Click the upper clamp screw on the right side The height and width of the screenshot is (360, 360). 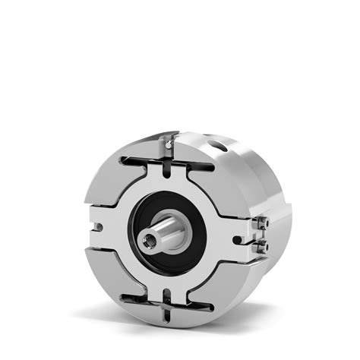tap(262, 222)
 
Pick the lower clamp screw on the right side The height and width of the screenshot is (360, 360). tap(262, 247)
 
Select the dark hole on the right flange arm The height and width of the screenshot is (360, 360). tap(237, 240)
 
